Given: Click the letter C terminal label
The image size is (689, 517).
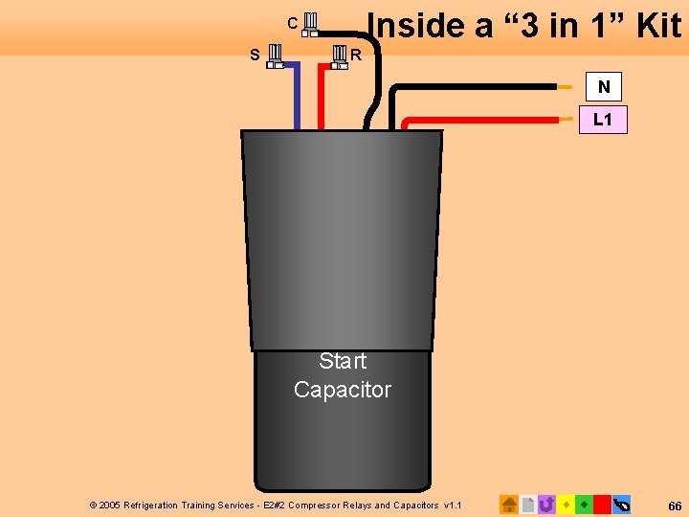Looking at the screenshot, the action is [x=293, y=22].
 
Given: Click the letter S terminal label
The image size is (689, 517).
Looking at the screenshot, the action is [x=255, y=55].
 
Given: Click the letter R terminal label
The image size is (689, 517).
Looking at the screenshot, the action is [x=356, y=55].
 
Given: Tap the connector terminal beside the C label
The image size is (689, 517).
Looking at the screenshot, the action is [x=310, y=24].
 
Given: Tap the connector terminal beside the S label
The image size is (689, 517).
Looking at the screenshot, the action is [x=274, y=56].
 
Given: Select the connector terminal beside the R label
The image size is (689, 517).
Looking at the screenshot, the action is [x=337, y=56].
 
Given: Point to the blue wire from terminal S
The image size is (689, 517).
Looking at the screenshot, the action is [x=298, y=96].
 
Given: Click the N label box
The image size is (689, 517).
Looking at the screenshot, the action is [x=604, y=87].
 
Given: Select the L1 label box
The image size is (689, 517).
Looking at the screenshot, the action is [x=603, y=120].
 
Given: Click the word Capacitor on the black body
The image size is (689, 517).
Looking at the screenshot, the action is [x=343, y=390].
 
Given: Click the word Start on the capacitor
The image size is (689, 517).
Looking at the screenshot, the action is [x=343, y=361].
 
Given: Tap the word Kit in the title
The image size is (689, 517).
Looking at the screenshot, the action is [x=658, y=25].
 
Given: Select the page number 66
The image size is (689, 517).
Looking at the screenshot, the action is [x=675, y=505].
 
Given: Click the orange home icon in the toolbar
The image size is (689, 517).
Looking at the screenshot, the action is [x=509, y=504].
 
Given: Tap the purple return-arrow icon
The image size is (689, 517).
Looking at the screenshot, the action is [x=546, y=504].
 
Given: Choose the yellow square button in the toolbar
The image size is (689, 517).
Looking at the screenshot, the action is [x=566, y=504].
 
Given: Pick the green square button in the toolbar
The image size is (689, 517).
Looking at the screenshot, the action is [x=584, y=504].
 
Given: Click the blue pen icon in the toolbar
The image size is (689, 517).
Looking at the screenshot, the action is [x=621, y=504].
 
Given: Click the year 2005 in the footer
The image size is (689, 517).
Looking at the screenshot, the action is [x=110, y=505].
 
